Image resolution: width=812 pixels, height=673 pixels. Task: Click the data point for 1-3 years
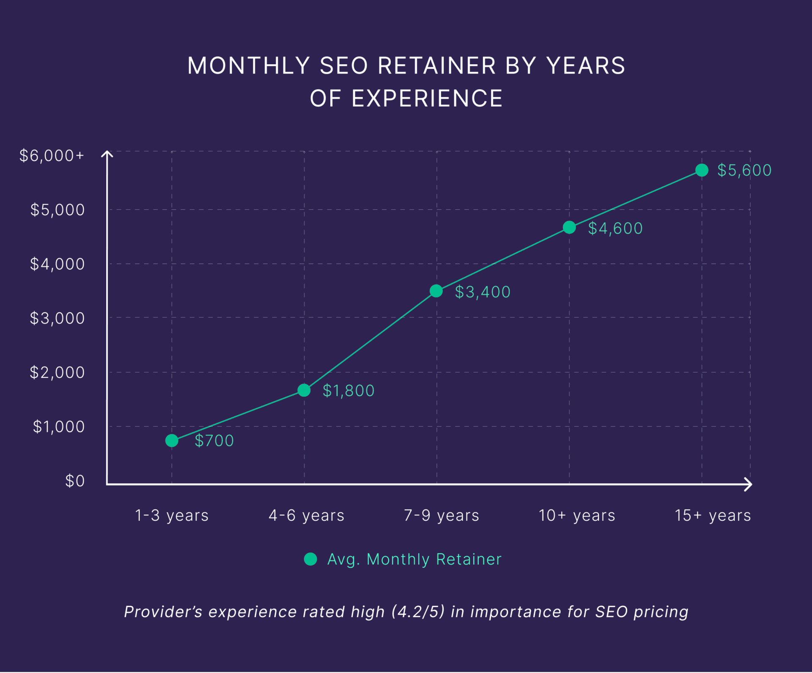172,440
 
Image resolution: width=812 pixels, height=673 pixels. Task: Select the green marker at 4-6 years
304,390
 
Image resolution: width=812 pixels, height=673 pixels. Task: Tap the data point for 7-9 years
436,291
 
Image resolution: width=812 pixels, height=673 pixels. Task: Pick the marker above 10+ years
569,227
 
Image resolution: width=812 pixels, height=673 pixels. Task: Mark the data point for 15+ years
702,170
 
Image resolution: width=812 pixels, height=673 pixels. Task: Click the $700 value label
214,440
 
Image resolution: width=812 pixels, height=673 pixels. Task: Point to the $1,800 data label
348,391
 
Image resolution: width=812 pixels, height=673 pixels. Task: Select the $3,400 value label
483,292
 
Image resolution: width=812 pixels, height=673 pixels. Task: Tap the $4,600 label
615,228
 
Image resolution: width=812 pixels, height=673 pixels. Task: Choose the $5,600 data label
744,170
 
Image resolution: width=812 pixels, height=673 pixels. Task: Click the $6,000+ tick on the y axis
52,156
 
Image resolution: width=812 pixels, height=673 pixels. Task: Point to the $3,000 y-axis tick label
57,318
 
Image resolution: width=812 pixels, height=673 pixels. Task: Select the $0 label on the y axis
75,481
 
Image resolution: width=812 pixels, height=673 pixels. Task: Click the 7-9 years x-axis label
442,515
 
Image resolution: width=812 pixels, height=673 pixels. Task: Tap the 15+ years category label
713,515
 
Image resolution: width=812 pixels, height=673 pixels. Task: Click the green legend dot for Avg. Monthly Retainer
310,559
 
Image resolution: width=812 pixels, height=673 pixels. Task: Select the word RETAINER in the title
436,66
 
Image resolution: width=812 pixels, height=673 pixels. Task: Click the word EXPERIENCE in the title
427,98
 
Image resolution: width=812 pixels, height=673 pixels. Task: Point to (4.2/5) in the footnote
418,612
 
